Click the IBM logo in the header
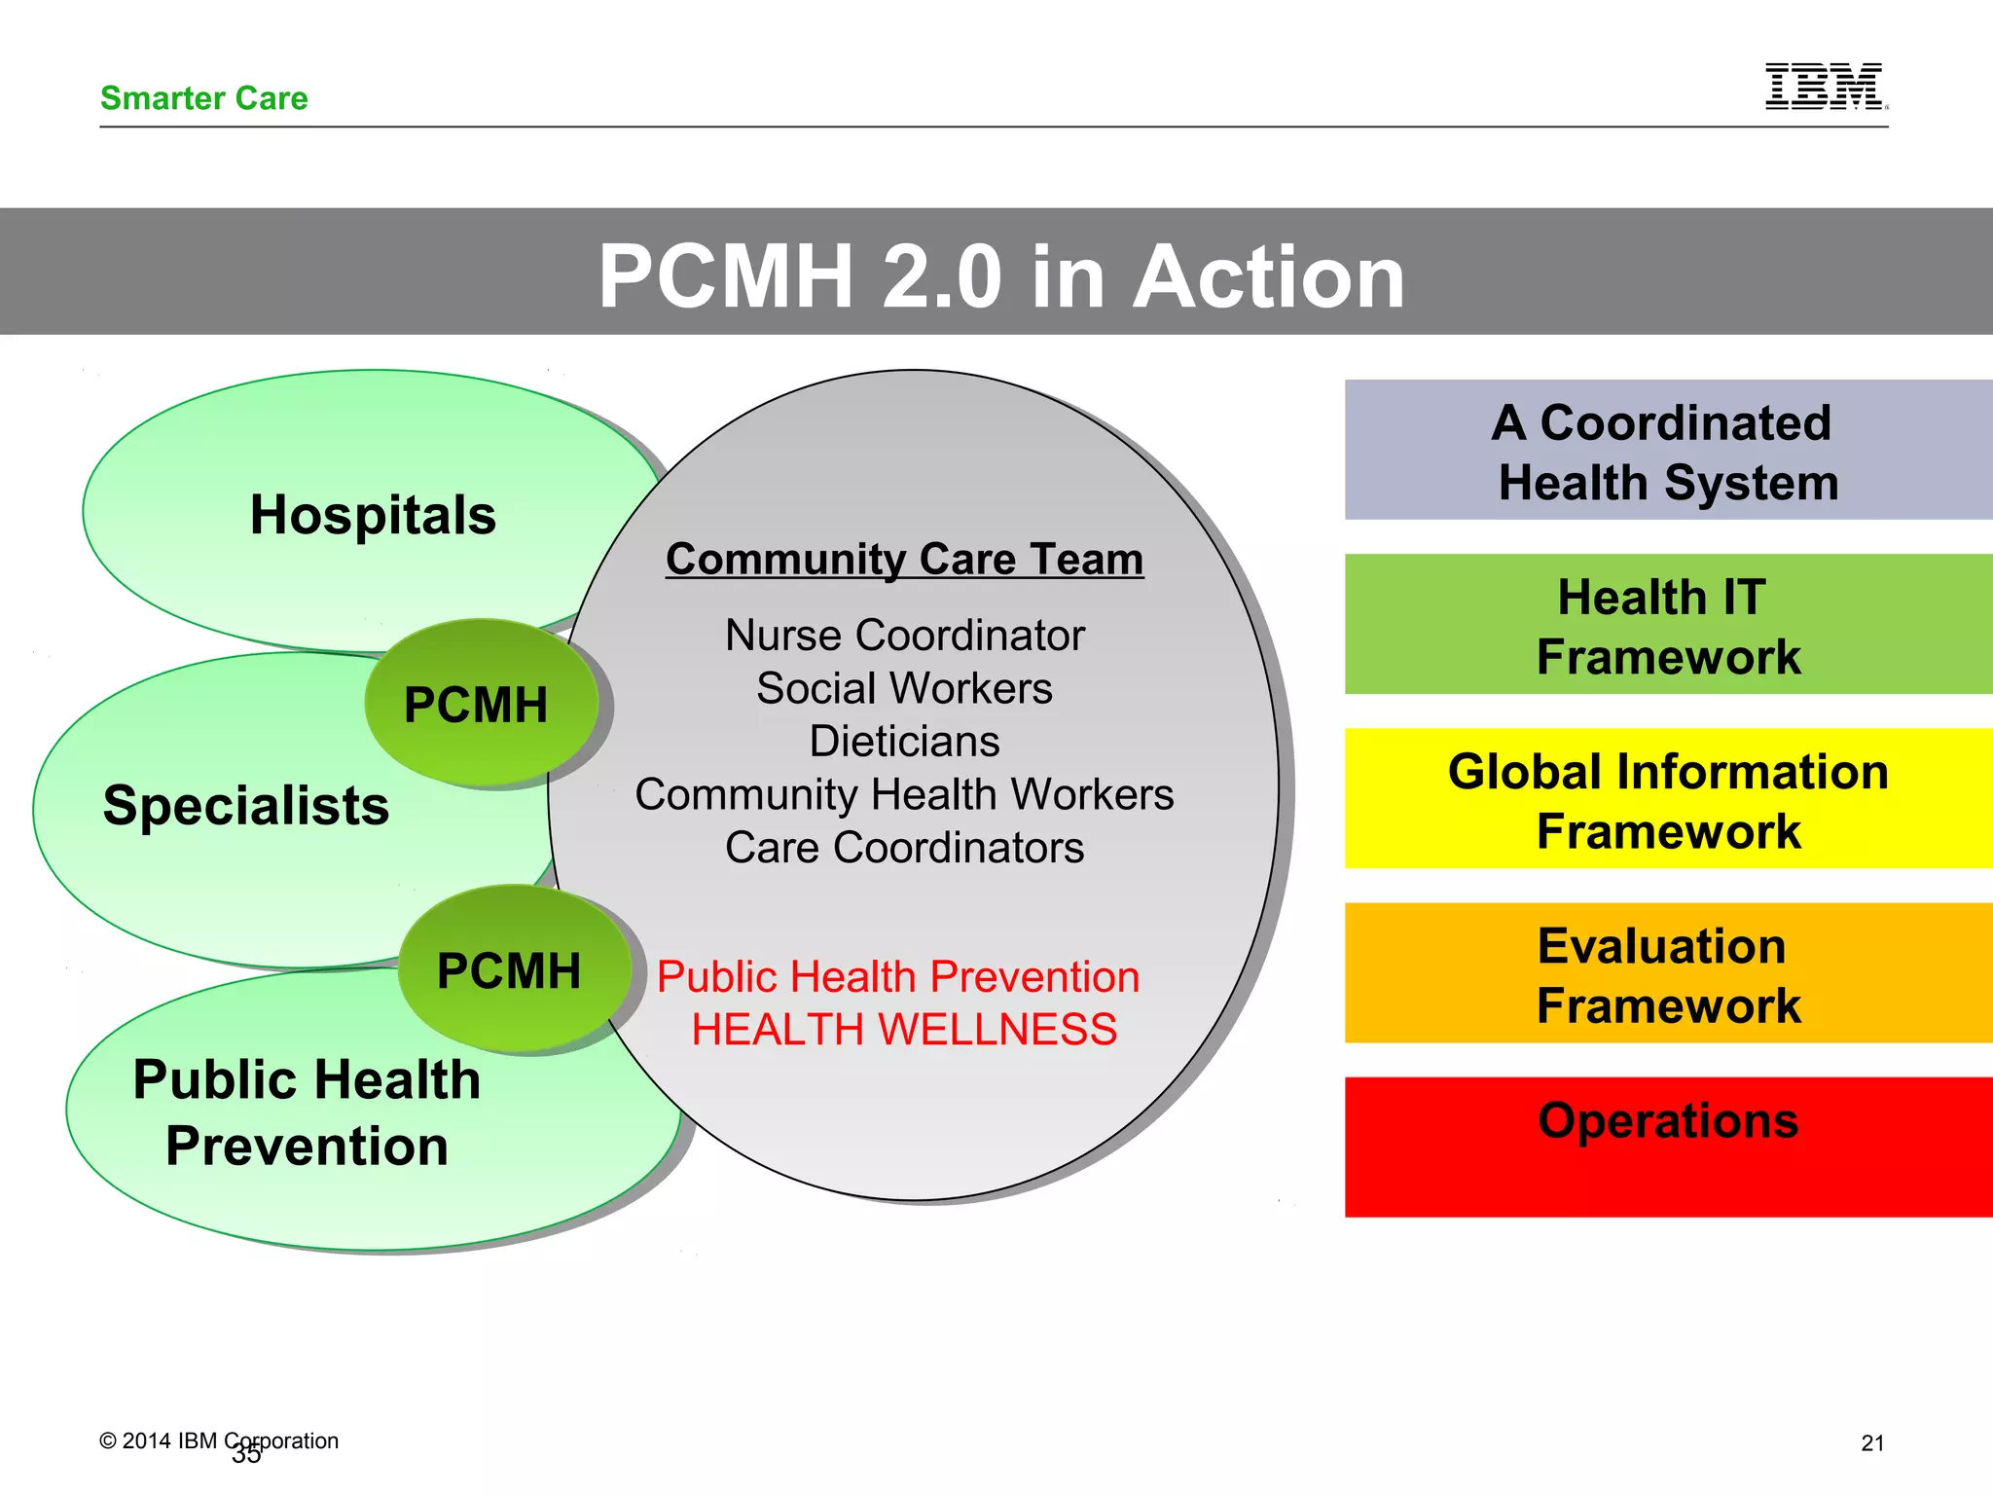[1825, 87]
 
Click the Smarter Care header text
[203, 98]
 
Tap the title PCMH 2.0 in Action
[1001, 276]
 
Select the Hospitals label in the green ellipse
[373, 515]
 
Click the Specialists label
[245, 806]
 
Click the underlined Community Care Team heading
[904, 560]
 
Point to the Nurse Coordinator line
[904, 636]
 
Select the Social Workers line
[904, 689]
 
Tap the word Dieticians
[904, 742]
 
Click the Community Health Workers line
[904, 795]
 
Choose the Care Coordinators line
[904, 848]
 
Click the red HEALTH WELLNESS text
[904, 1030]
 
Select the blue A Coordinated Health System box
[1668, 451]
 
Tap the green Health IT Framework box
[1668, 625]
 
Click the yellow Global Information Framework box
[1668, 799]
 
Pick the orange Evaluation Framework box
[1668, 973]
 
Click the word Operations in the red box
[1668, 1120]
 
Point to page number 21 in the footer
[1872, 1443]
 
